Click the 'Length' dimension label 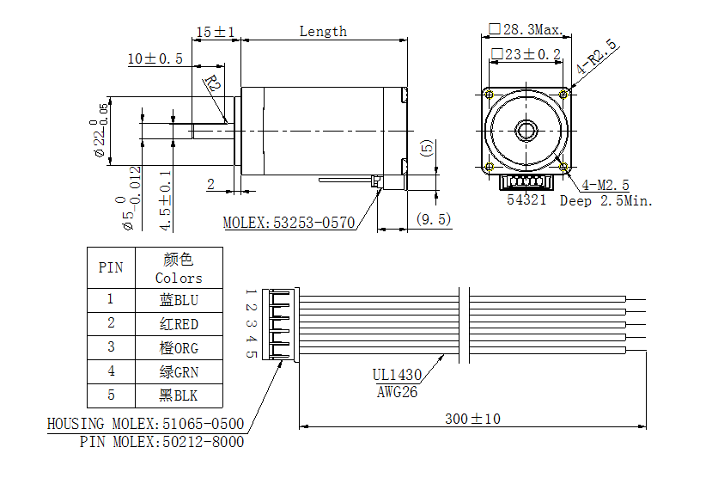[x=323, y=32]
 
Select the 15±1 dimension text [x=215, y=32]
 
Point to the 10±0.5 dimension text [x=155, y=59]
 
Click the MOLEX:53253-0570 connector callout [x=289, y=223]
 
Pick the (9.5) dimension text [x=433, y=219]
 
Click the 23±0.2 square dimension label [x=526, y=54]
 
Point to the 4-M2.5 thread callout [x=606, y=185]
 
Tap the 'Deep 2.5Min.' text [x=606, y=201]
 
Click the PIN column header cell [x=111, y=267]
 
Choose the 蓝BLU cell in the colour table [x=179, y=300]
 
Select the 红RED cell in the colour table [x=179, y=324]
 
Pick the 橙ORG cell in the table [x=179, y=348]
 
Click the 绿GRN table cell [x=179, y=372]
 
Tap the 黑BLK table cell [x=179, y=396]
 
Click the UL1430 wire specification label [x=397, y=375]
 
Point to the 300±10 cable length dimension [x=472, y=419]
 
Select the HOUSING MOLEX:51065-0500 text [x=145, y=425]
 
